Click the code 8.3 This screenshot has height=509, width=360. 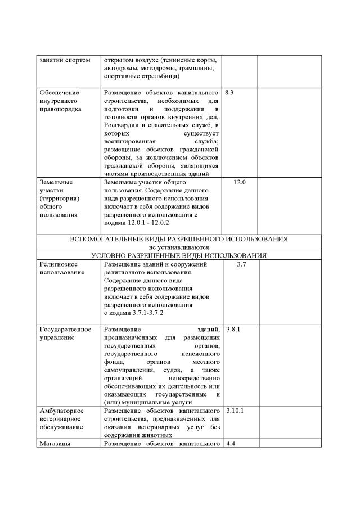click(x=228, y=92)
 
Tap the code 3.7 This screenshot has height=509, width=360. click(x=241, y=264)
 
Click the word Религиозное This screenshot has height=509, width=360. click(x=58, y=264)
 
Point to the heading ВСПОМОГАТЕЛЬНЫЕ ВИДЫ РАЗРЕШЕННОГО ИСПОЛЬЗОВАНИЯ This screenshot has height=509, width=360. click(x=179, y=239)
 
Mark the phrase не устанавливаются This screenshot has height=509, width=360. click(x=179, y=247)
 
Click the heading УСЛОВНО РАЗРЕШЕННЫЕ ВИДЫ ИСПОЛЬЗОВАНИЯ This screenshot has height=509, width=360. click(x=179, y=255)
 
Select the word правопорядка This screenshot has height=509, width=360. click(x=60, y=109)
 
